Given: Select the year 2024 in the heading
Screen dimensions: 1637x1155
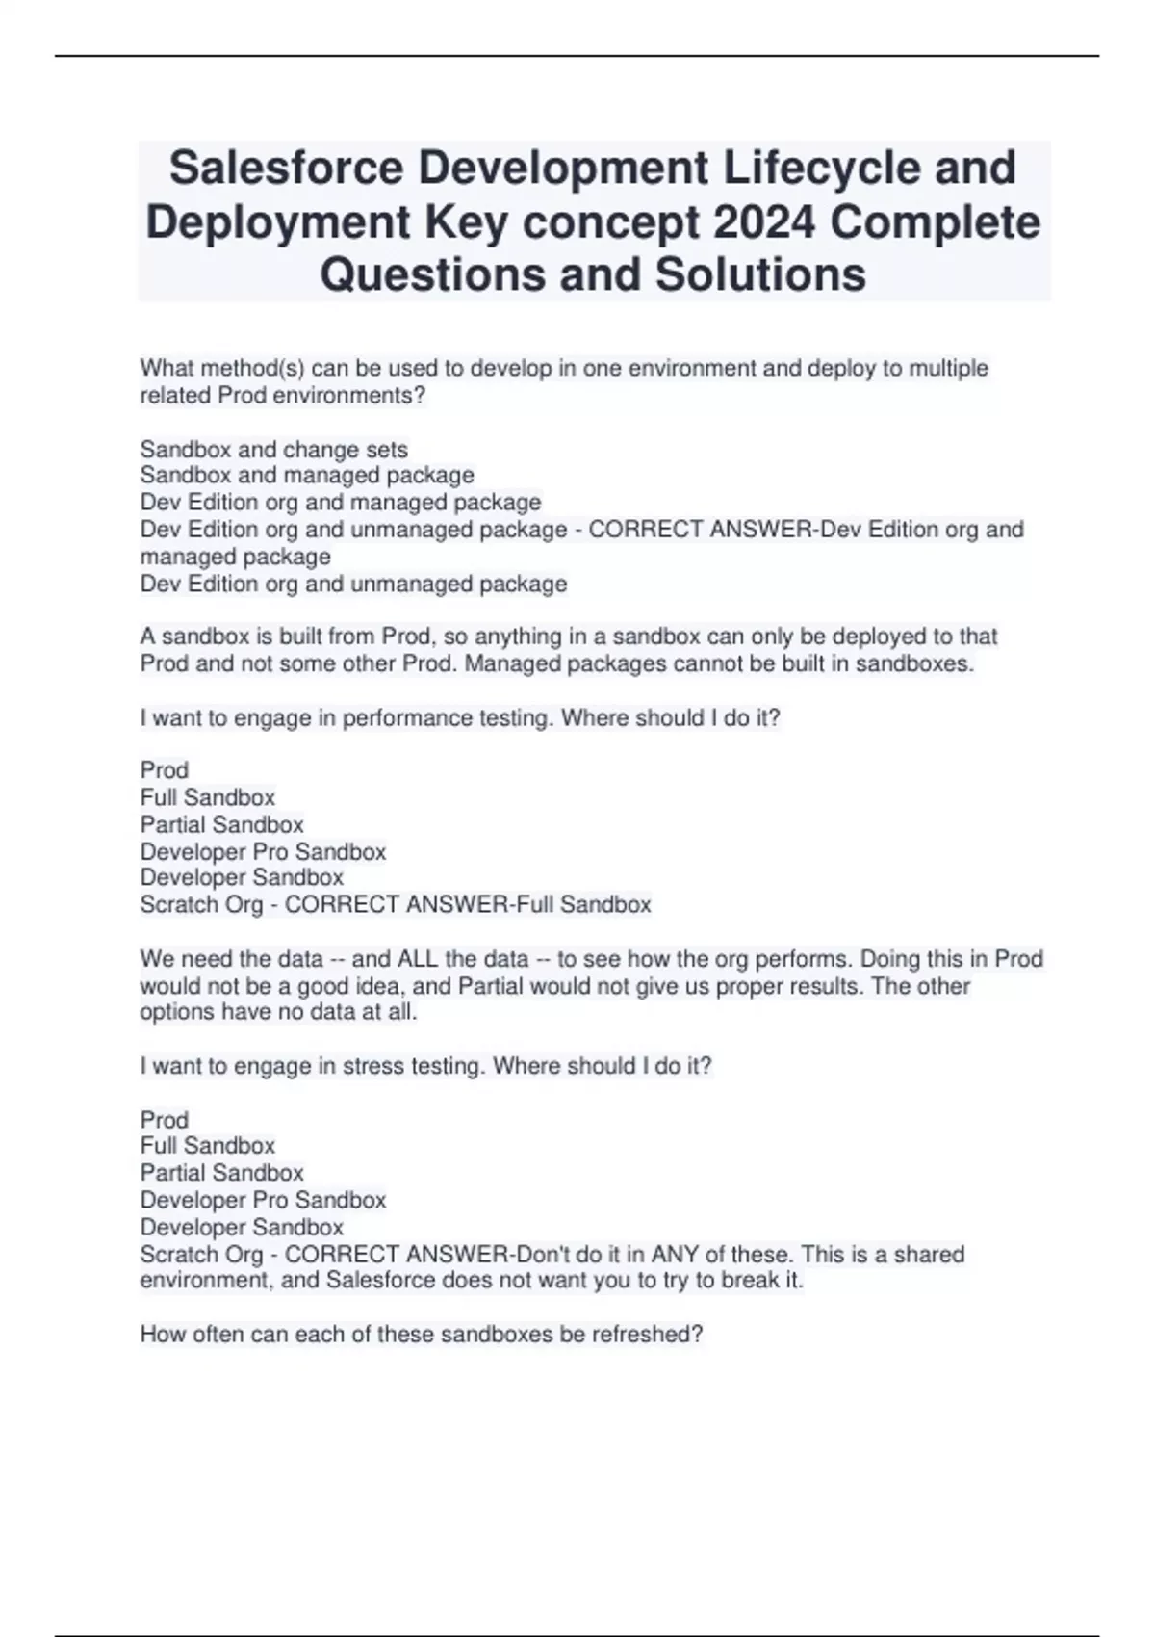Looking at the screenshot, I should (x=764, y=222).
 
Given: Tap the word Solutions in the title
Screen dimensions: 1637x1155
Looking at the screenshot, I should (x=760, y=274).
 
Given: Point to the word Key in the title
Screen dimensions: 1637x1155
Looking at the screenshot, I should (x=465, y=222).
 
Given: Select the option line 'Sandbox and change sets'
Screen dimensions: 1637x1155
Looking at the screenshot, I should (x=274, y=450).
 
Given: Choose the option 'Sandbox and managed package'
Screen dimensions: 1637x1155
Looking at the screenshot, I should (x=307, y=476).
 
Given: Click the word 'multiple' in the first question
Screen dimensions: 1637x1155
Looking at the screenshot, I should (x=948, y=369).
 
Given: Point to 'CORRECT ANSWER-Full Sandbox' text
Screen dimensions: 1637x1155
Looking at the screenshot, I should (x=468, y=905).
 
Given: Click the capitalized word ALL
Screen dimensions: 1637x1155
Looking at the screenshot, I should (x=418, y=959).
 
